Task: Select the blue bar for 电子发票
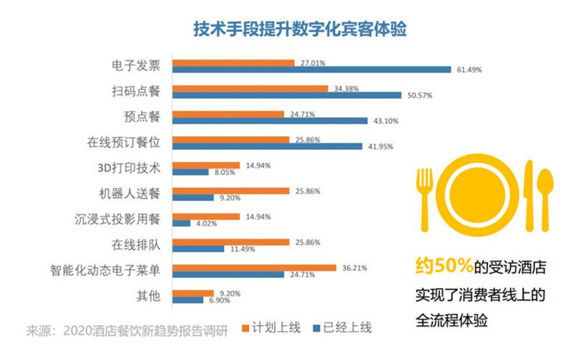(x=311, y=70)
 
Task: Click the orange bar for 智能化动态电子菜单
(x=253, y=267)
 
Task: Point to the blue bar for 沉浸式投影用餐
(x=180, y=224)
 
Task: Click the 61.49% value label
(x=469, y=70)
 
